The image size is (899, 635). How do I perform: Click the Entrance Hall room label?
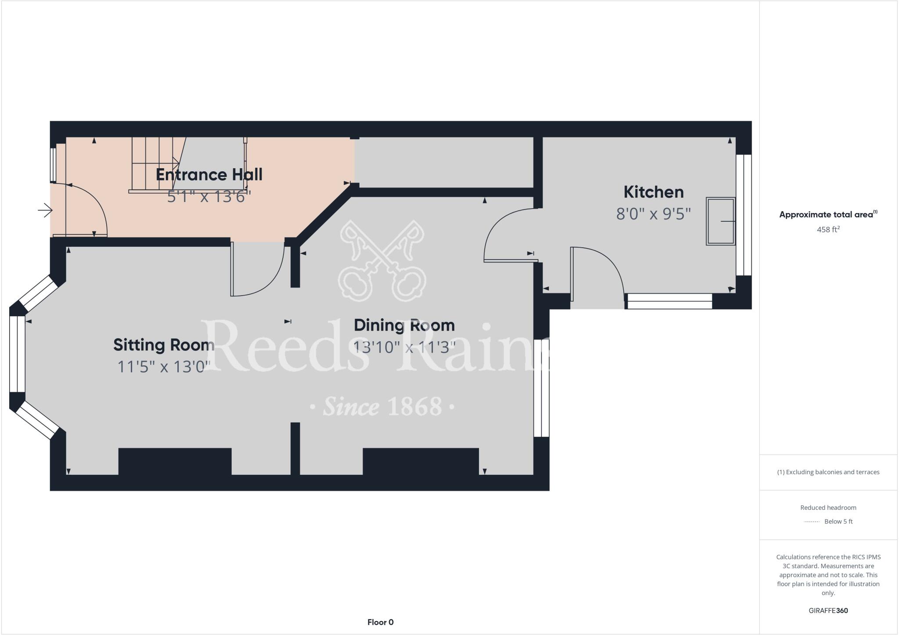click(x=209, y=175)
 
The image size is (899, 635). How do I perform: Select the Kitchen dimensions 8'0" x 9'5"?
click(x=653, y=214)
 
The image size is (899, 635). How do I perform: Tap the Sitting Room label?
click(x=164, y=345)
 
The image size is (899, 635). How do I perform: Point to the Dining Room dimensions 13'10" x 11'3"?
click(x=404, y=347)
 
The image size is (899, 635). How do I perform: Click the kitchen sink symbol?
click(x=720, y=221)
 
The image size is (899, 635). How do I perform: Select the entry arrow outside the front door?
click(x=45, y=210)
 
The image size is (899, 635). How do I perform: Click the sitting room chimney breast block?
click(x=175, y=461)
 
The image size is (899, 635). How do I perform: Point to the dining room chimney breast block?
click(x=421, y=461)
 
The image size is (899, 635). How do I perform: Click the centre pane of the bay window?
click(x=17, y=354)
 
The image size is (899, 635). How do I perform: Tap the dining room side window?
click(x=541, y=388)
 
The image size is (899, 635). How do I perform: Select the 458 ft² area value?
click(x=828, y=229)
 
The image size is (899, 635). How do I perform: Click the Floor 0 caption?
click(x=380, y=622)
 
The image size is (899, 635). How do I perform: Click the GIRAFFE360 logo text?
click(x=828, y=610)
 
